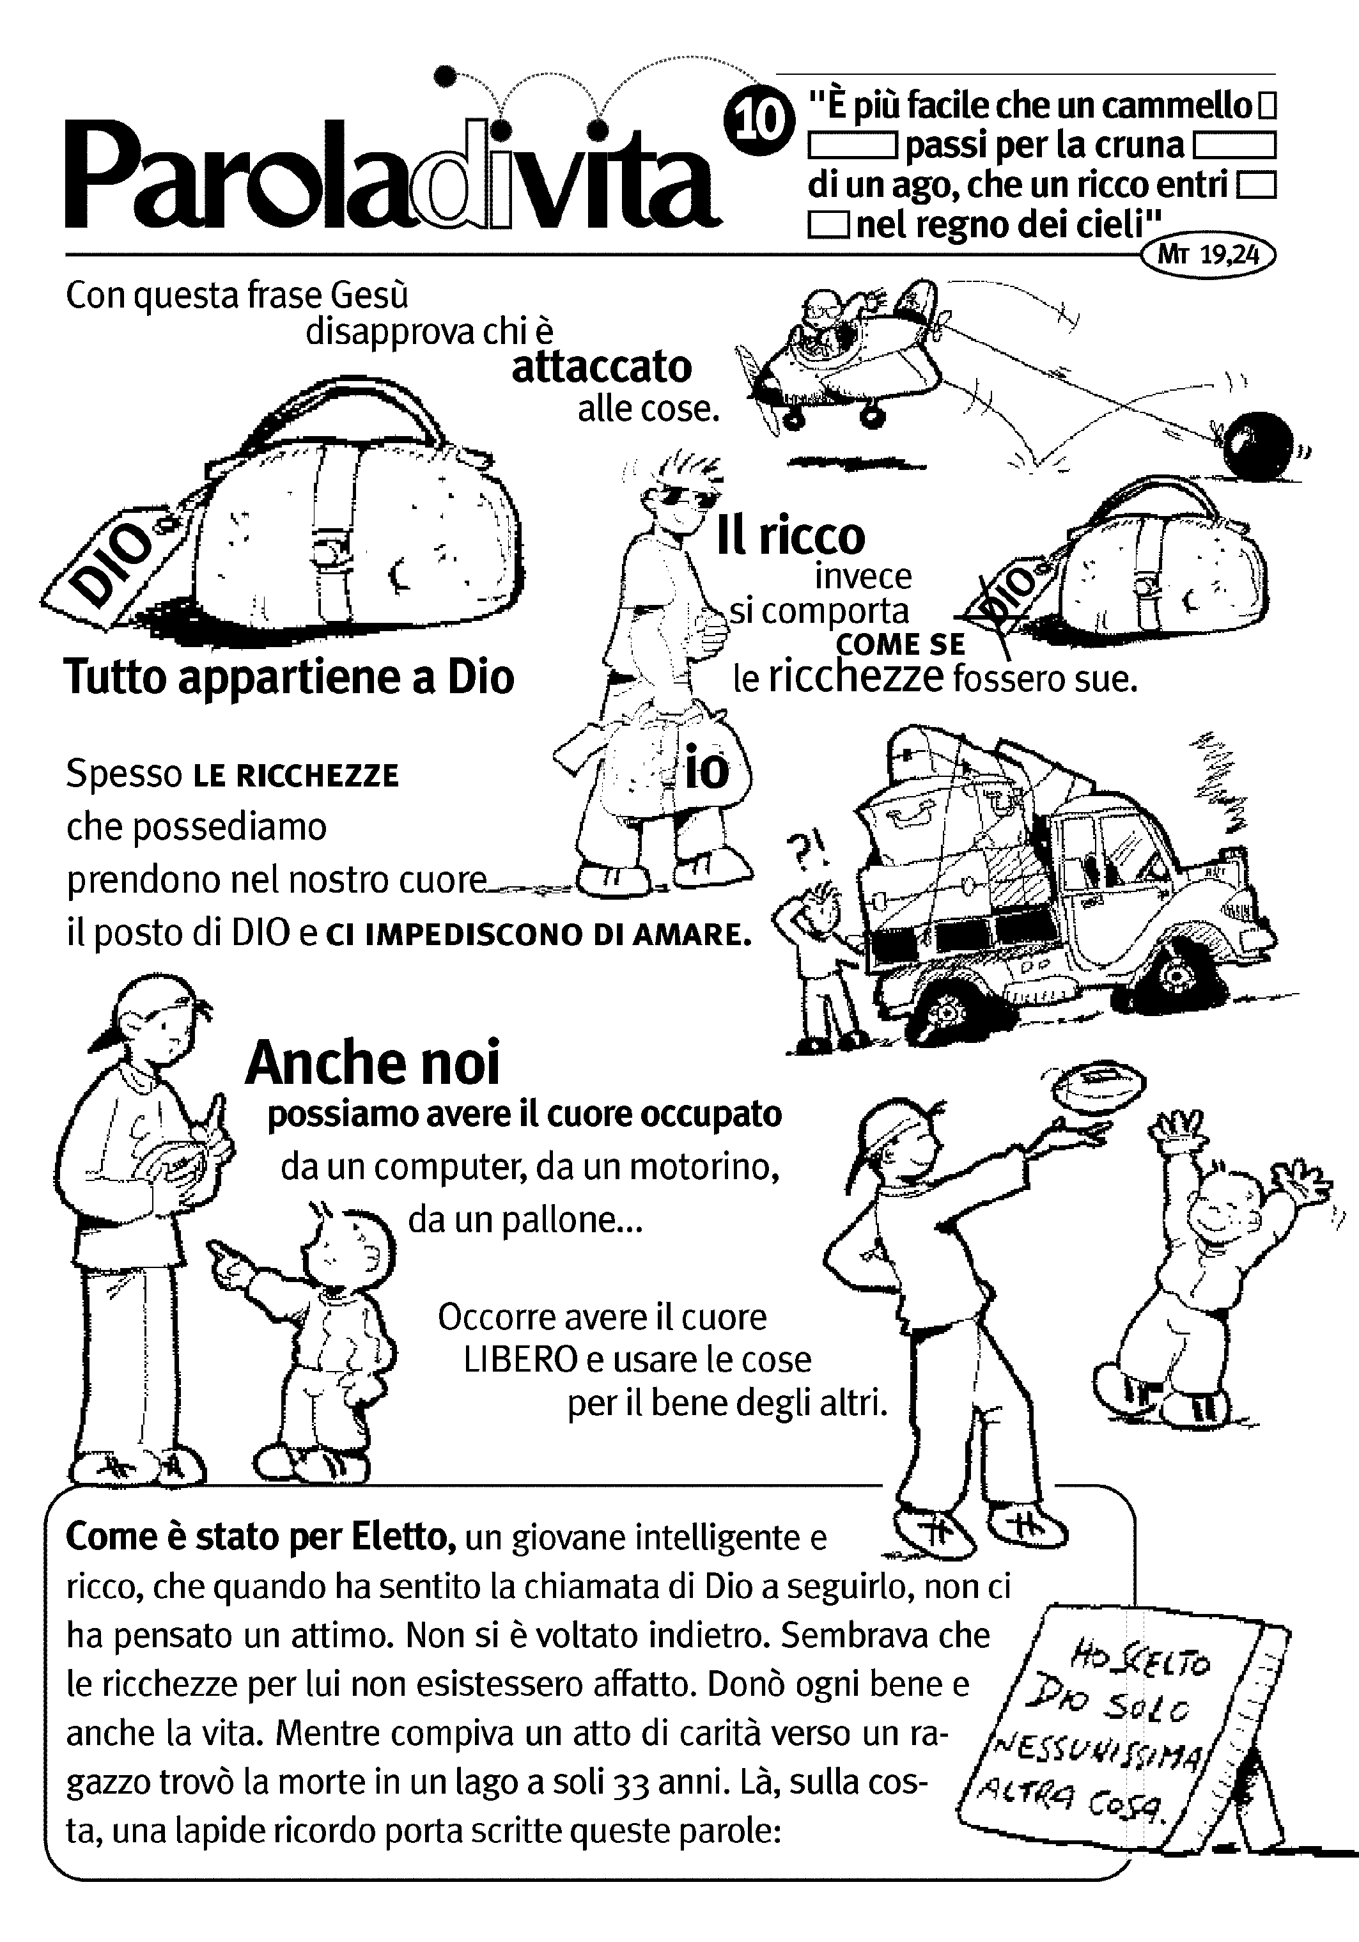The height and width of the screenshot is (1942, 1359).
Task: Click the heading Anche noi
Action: [x=372, y=1062]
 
